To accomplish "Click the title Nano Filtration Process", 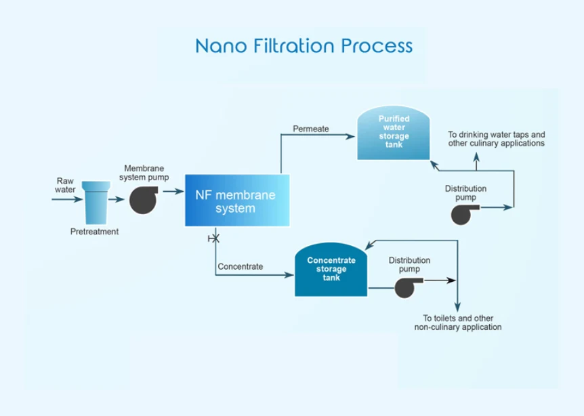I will (304, 45).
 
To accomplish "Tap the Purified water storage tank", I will (394, 135).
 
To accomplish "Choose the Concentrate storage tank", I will (331, 270).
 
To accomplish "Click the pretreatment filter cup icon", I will (95, 202).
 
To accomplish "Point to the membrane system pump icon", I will (144, 199).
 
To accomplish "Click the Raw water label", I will (65, 185).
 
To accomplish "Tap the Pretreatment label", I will (95, 232).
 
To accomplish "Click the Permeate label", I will (311, 129).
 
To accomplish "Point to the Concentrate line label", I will (241, 267).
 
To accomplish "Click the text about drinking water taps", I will (497, 140).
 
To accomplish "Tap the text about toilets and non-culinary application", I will (458, 323).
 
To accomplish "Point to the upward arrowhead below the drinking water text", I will (476, 157).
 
